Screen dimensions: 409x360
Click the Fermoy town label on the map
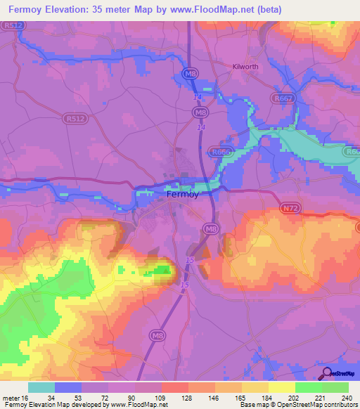186,197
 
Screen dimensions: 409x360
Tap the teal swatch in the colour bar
41,388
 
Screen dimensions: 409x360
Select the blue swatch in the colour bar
68,388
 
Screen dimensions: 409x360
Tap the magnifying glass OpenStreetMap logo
328,372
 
